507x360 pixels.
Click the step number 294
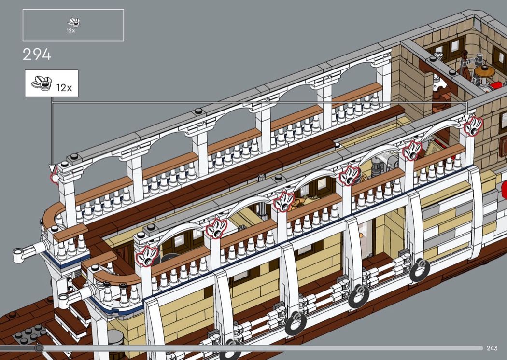point(37,55)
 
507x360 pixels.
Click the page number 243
point(492,348)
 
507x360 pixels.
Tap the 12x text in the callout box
point(64,87)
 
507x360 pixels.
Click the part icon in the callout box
point(42,83)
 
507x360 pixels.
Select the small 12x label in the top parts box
point(71,31)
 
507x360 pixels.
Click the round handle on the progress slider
point(39,348)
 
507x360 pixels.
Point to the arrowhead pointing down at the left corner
point(52,168)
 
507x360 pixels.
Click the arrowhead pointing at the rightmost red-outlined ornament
point(466,117)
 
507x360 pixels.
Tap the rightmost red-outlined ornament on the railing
point(473,126)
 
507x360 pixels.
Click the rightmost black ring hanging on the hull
point(420,269)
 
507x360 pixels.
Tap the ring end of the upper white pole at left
point(19,254)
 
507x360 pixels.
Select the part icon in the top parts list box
point(73,22)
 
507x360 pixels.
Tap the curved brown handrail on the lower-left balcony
point(117,278)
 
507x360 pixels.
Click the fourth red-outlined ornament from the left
point(349,176)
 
